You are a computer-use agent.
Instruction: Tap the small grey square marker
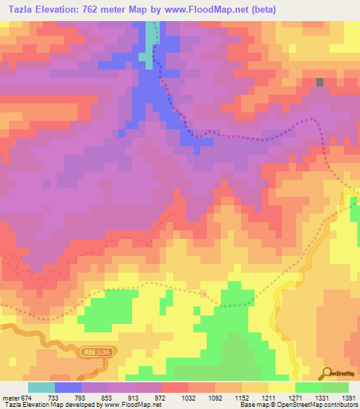(320, 82)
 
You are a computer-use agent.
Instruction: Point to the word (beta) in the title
(264, 10)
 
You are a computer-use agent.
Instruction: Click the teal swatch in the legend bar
(41, 387)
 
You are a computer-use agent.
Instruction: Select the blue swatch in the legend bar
(68, 387)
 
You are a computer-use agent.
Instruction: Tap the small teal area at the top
(146, 56)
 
